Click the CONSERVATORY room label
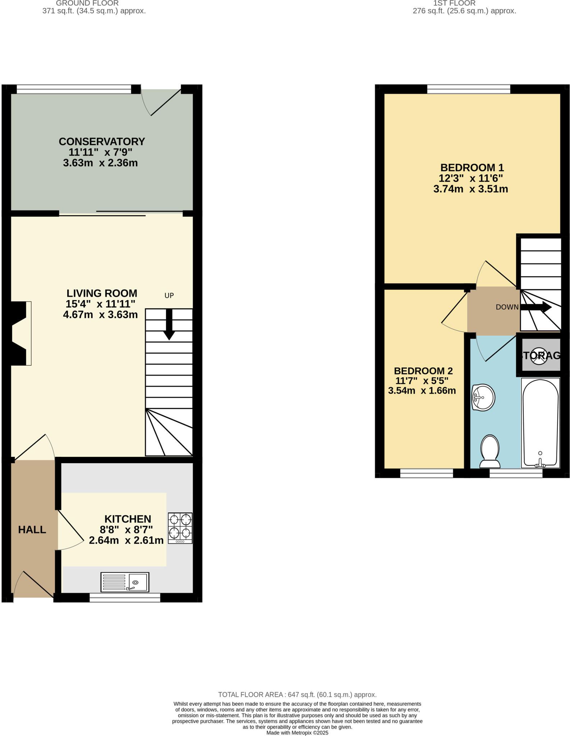point(102,141)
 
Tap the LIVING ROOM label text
point(102,293)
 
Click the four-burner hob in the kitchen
point(180,528)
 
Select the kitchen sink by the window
point(125,582)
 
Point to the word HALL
point(32,529)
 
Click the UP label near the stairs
point(169,295)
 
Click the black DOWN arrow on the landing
point(535,307)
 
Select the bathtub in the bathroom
point(540,423)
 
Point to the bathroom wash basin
point(483,397)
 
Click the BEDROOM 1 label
point(472,167)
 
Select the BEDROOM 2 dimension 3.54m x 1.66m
point(422,391)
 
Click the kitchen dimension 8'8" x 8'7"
point(126,529)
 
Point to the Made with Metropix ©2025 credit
point(297,732)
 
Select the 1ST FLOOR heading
point(454,3)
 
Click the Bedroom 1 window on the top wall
point(468,89)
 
